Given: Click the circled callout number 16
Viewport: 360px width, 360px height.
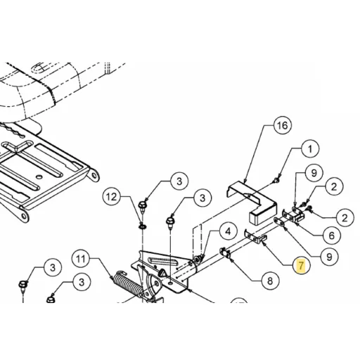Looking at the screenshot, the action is [282, 126].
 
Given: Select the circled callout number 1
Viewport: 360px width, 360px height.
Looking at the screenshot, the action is [310, 149].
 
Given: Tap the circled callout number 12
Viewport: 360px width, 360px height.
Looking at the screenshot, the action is [112, 197].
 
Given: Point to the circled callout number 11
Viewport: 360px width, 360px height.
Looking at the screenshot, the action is [82, 259].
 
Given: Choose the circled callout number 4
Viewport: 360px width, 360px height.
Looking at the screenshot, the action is [228, 231].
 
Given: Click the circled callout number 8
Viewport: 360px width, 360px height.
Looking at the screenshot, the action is [270, 281].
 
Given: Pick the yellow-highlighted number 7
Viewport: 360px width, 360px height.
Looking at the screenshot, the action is [301, 266].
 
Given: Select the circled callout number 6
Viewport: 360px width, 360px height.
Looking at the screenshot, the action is [331, 236].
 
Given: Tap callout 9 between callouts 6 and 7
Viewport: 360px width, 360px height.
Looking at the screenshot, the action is [329, 257].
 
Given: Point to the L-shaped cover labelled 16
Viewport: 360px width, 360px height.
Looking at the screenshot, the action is [252, 202].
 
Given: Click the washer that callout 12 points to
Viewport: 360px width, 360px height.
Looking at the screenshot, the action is [143, 226].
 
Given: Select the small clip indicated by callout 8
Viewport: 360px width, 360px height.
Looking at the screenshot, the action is [224, 252].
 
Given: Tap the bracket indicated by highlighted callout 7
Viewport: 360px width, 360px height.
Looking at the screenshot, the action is [255, 237].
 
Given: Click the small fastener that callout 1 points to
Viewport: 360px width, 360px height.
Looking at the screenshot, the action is [277, 180].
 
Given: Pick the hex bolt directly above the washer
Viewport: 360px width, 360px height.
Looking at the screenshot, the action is [142, 206].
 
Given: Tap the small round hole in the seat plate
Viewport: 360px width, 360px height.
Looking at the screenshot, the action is [39, 176].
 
